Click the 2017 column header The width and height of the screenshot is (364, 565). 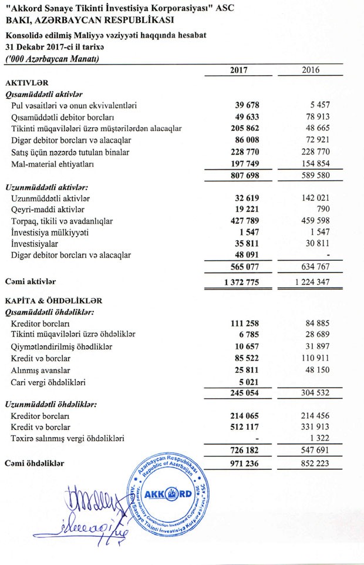click(x=239, y=70)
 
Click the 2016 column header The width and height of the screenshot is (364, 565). click(x=311, y=70)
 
